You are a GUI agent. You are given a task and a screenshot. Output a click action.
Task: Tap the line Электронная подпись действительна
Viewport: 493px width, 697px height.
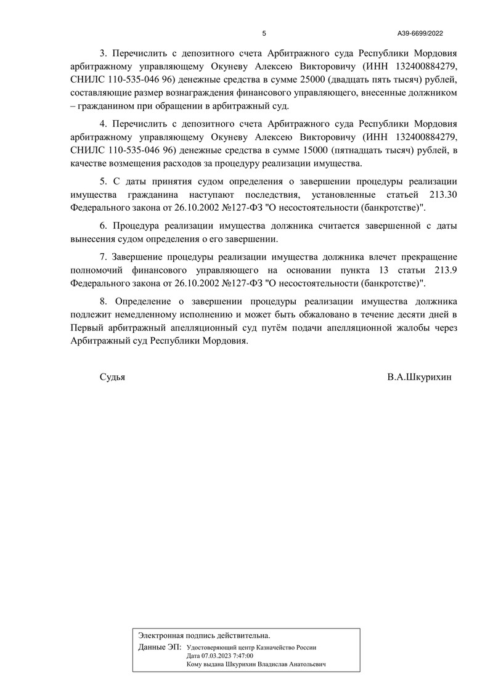(x=204, y=634)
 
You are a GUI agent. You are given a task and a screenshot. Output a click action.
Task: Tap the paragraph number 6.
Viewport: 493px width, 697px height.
(x=103, y=224)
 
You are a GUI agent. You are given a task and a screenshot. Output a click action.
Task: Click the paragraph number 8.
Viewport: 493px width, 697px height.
(x=103, y=301)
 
